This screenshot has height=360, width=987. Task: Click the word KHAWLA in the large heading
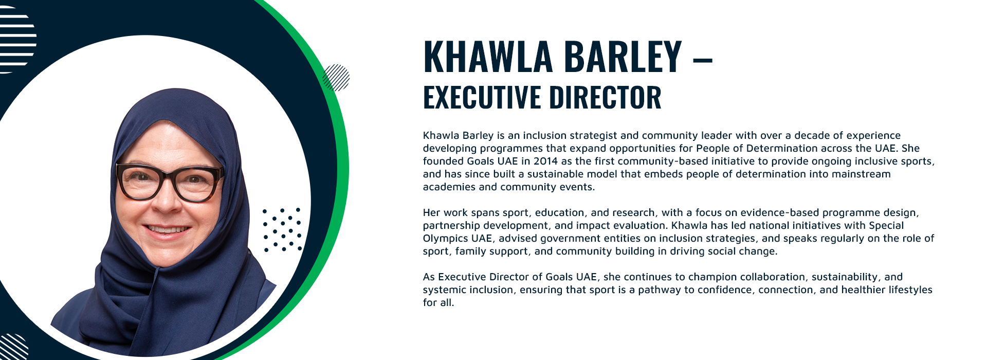click(x=487, y=56)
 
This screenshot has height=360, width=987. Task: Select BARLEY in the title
click(x=623, y=56)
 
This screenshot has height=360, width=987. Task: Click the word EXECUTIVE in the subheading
click(x=482, y=97)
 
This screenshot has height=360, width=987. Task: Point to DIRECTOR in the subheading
click(x=605, y=97)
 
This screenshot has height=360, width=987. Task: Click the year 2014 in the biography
click(x=545, y=161)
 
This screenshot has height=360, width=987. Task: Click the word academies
click(x=449, y=187)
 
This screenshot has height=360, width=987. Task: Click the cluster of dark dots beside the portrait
click(x=282, y=229)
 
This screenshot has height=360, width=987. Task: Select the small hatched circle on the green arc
click(x=336, y=78)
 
